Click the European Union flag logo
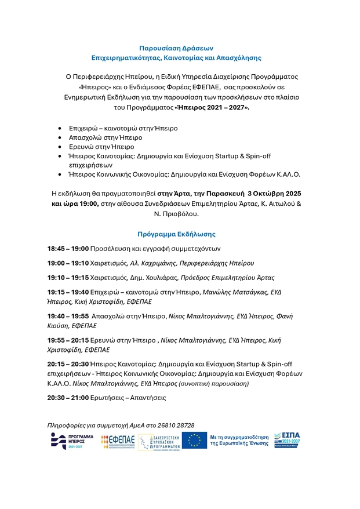pyautogui.click(x=194, y=441)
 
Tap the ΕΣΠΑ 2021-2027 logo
pyautogui.click(x=288, y=441)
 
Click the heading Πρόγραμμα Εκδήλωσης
pyautogui.click(x=176, y=234)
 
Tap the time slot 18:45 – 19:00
pyautogui.click(x=68, y=249)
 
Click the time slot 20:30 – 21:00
pyautogui.click(x=68, y=398)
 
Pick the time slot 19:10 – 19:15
pyautogui.click(x=68, y=278)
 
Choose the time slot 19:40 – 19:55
pyautogui.click(x=68, y=317)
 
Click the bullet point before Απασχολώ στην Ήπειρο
pyautogui.click(x=61, y=138)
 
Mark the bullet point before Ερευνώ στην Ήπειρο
pyautogui.click(x=61, y=147)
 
